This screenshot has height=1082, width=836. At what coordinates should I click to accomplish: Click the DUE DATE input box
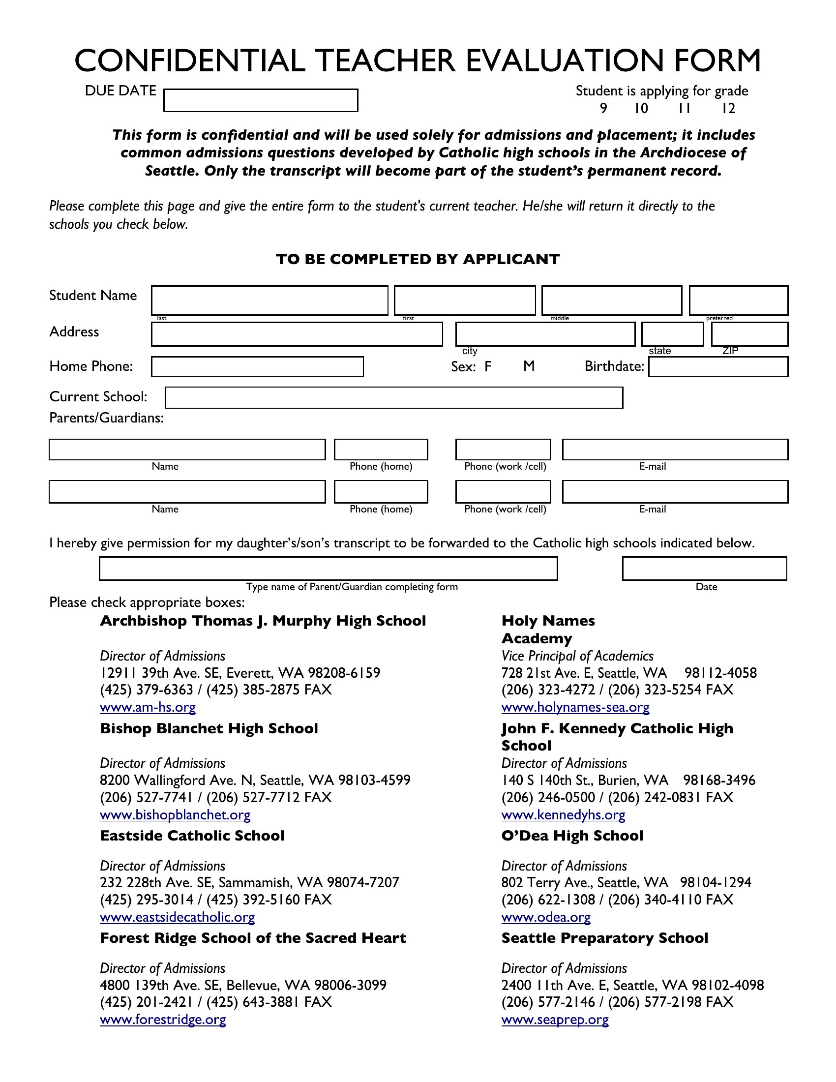tap(261, 100)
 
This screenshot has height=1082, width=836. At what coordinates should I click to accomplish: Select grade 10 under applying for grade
tap(641, 109)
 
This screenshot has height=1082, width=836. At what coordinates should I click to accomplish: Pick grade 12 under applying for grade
tap(728, 109)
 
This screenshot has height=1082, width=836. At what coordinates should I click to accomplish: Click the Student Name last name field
tap(269, 300)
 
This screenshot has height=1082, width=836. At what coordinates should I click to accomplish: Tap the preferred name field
tap(739, 300)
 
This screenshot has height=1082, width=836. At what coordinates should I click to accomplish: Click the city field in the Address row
tap(545, 334)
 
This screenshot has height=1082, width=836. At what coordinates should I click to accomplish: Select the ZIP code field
tap(749, 334)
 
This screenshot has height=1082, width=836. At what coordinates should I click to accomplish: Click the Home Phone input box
tap(258, 366)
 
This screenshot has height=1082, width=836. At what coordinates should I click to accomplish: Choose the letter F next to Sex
tap(488, 366)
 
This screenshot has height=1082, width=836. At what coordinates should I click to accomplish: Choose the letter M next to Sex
tap(529, 366)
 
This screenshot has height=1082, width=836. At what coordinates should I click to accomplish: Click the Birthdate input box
tap(718, 366)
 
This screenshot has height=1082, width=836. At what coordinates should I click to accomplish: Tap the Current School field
tap(394, 398)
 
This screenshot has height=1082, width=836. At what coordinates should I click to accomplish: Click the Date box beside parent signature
tap(704, 568)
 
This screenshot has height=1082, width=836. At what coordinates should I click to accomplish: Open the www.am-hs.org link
tap(148, 707)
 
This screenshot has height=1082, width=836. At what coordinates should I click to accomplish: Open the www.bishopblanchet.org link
tap(175, 814)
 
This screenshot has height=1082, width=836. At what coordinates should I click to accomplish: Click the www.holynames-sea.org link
tap(575, 707)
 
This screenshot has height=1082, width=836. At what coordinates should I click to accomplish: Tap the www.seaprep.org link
tap(555, 1020)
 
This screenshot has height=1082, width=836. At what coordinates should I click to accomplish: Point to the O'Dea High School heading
tap(572, 836)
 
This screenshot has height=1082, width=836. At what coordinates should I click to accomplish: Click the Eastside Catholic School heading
tap(192, 836)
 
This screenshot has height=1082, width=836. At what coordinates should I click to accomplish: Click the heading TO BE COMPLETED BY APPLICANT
tap(418, 259)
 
